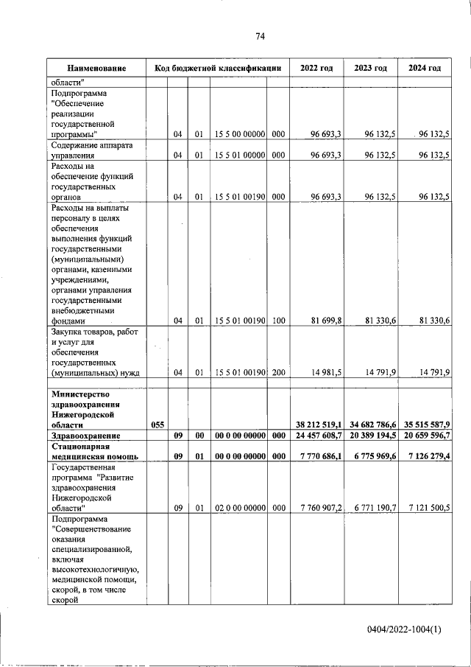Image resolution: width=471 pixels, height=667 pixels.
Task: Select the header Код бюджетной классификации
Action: [x=218, y=69]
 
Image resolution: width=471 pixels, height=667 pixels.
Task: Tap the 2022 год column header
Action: [x=316, y=69]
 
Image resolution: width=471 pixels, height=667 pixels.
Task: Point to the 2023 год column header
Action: [x=370, y=69]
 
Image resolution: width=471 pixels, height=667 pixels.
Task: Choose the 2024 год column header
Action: [x=425, y=69]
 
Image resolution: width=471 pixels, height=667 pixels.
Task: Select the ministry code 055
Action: [x=157, y=425]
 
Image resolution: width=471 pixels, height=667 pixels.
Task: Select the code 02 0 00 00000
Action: [x=238, y=508]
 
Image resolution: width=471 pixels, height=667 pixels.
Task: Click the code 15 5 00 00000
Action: [x=238, y=134]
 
